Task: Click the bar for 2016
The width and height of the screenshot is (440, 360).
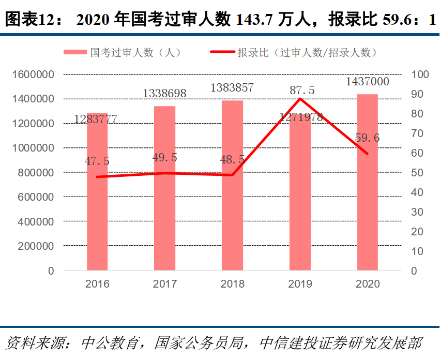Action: click(97, 197)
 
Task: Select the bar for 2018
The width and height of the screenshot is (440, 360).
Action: click(232, 186)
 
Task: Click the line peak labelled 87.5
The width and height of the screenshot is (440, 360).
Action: click(300, 98)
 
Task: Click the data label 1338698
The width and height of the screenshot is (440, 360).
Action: click(164, 94)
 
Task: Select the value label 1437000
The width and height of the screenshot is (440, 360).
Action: click(367, 82)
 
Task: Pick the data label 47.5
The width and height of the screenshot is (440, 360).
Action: click(97, 161)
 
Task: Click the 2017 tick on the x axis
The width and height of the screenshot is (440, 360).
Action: click(164, 284)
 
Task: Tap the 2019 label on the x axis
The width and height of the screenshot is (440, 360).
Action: click(300, 284)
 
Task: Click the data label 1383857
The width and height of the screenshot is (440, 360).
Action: click(232, 88)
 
